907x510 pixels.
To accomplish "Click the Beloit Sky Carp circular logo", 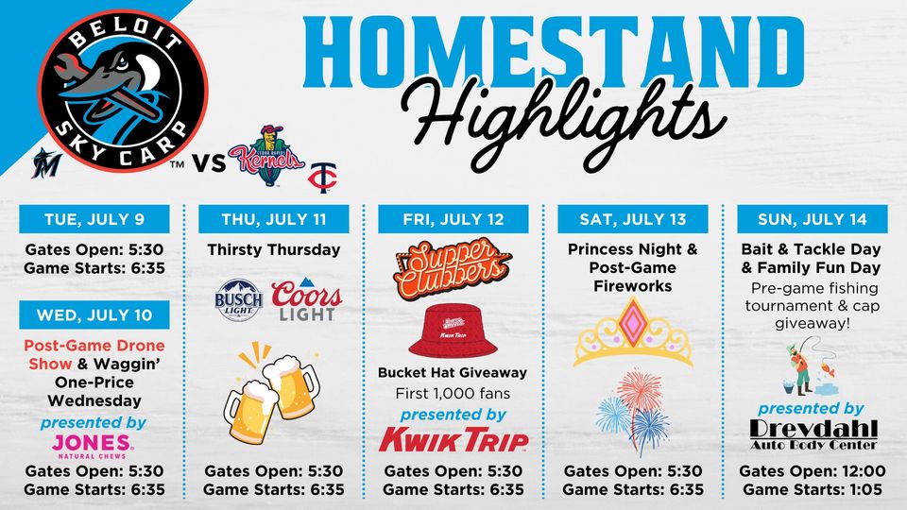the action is click(123, 91).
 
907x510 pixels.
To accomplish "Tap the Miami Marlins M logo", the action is click(47, 162).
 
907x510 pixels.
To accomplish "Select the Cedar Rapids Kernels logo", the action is click(266, 156).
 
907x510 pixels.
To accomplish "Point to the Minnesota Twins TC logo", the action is click(322, 177).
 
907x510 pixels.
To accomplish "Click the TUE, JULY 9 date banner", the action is click(94, 219).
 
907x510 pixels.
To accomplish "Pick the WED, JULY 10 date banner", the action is click(94, 315).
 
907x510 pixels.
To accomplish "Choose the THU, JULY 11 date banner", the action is click(274, 219).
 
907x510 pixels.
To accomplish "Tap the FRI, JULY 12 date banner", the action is click(453, 219).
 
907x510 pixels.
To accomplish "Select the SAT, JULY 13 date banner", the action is click(633, 219).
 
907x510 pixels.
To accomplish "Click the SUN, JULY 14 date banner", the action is click(813, 219).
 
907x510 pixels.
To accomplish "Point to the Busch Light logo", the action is click(238, 300).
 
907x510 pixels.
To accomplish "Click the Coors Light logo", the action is click(306, 300).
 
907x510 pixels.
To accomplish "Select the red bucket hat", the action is click(453, 331).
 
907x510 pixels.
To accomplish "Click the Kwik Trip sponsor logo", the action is click(453, 439).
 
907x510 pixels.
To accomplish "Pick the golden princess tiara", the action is click(633, 332).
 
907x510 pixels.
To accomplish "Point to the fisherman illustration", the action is click(809, 366).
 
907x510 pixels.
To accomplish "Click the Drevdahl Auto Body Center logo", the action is click(813, 434).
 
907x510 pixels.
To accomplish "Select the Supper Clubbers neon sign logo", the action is click(452, 267).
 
